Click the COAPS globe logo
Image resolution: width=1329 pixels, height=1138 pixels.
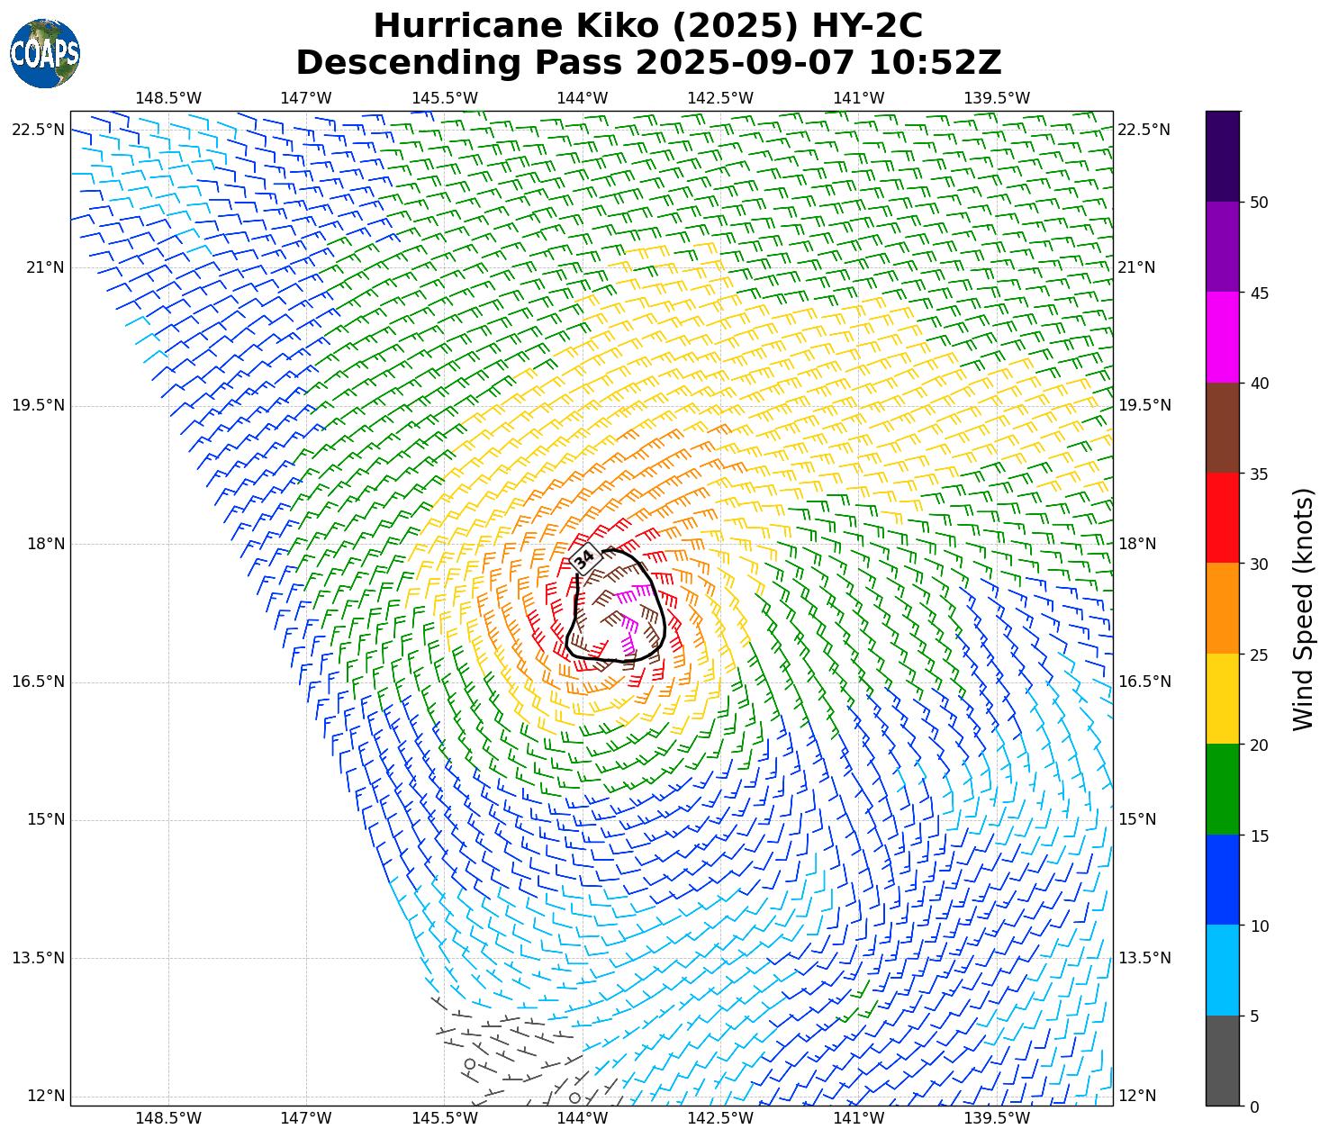45,53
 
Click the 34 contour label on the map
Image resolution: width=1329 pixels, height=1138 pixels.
584,558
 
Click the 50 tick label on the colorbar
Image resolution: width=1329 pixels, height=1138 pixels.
1260,203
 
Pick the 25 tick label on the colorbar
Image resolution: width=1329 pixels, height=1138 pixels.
1260,655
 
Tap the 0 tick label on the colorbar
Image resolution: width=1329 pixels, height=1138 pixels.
1255,1106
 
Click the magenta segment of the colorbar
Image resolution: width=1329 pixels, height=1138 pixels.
1223,338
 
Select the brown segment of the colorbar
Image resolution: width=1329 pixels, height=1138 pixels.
1223,428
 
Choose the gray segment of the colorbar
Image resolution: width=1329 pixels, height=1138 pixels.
1223,1061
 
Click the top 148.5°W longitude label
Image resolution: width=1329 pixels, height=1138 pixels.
168,98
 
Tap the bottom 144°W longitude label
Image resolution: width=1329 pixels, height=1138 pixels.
583,1118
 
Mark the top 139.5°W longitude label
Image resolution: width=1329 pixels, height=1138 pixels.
997,98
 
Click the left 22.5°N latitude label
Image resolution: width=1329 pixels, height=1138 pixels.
38,130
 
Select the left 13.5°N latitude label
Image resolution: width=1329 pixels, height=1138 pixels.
38,958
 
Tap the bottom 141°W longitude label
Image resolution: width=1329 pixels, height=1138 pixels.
859,1118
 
